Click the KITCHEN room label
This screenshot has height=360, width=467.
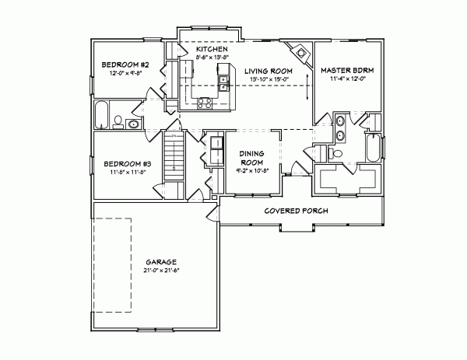pos(196,49)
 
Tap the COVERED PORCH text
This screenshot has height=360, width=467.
pos(295,211)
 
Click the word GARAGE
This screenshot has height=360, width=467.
pos(160,262)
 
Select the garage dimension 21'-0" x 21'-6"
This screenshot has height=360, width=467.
pos(160,271)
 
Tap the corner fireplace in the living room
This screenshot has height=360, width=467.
pos(296,51)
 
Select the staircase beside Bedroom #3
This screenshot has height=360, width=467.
pos(174,156)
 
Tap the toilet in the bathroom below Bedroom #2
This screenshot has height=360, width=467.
pos(118,121)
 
